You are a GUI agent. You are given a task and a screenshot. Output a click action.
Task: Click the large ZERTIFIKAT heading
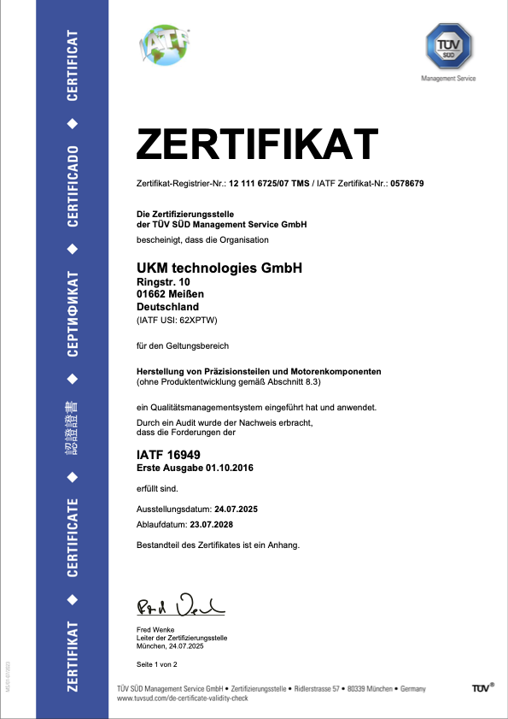tap(257, 143)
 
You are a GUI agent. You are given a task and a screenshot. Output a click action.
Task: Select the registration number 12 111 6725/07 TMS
tap(266, 184)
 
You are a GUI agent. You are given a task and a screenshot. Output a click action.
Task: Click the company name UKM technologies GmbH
tap(219, 268)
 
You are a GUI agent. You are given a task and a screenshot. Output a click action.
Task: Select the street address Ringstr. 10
tap(165, 281)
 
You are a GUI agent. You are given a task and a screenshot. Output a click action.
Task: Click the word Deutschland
tap(167, 307)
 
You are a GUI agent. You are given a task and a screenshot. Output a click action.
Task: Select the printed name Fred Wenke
tap(155, 630)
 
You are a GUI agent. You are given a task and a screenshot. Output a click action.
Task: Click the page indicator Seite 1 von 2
tap(157, 663)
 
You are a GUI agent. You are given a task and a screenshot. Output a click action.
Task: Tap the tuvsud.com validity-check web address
tap(182, 698)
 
